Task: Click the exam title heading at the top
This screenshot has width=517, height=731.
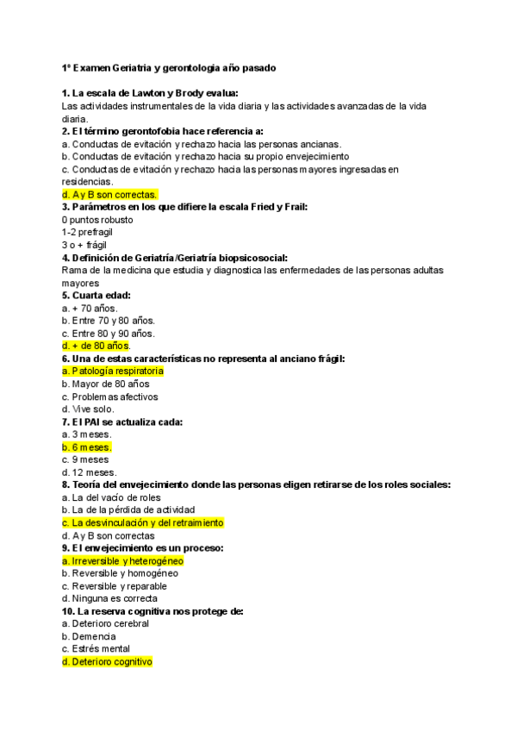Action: click(x=169, y=67)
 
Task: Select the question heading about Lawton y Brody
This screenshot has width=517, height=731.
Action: click(x=150, y=93)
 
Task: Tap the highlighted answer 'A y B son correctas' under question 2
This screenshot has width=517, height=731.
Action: click(x=109, y=195)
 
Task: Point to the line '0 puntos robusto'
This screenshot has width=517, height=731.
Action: click(x=97, y=220)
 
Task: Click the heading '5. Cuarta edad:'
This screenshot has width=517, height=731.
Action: click(x=96, y=296)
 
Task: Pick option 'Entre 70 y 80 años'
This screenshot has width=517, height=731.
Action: click(x=109, y=321)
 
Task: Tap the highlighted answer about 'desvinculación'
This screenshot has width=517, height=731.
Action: click(x=142, y=522)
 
